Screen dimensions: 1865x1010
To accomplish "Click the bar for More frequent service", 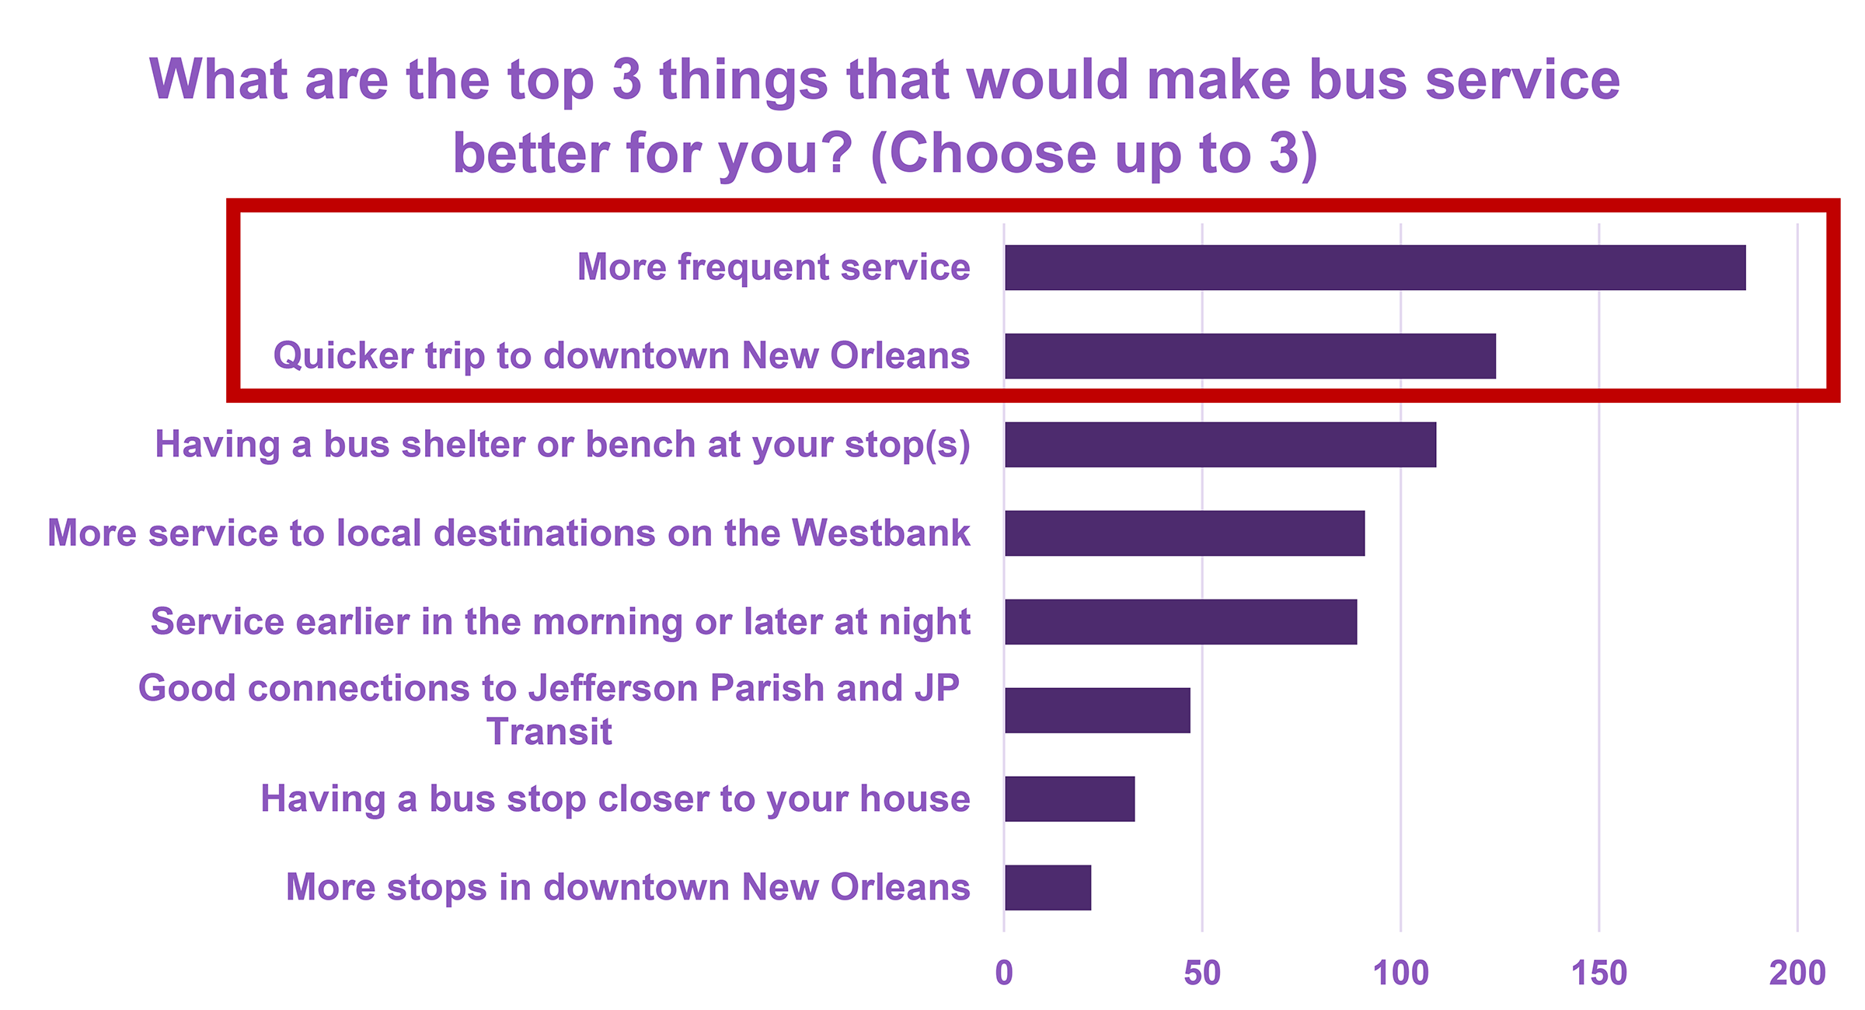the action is tap(1375, 267).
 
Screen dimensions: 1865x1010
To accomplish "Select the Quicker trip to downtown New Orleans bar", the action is tap(1250, 356).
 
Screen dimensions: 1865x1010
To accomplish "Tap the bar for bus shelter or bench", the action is tap(1220, 445).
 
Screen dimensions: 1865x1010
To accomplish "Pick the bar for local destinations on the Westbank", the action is tap(1184, 533).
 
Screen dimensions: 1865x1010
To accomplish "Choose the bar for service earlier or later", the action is tap(1180, 622).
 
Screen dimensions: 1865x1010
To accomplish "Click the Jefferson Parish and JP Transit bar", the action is tap(1097, 711).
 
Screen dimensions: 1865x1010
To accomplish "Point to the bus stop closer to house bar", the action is tap(1069, 799).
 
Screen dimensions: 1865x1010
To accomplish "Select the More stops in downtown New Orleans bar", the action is tap(1048, 887).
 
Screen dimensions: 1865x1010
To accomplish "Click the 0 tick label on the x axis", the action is tap(1004, 973).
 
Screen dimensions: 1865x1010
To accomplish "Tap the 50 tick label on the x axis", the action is tap(1202, 973).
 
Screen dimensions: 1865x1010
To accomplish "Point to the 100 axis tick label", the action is tap(1400, 973).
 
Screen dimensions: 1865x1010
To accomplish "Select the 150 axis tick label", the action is tap(1598, 973).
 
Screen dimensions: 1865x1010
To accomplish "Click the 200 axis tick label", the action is tap(1797, 973).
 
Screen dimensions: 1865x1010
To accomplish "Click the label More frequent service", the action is tap(774, 267).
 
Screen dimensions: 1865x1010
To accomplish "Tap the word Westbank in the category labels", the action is tap(881, 533).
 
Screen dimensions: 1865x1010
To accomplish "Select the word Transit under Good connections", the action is tap(549, 732).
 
